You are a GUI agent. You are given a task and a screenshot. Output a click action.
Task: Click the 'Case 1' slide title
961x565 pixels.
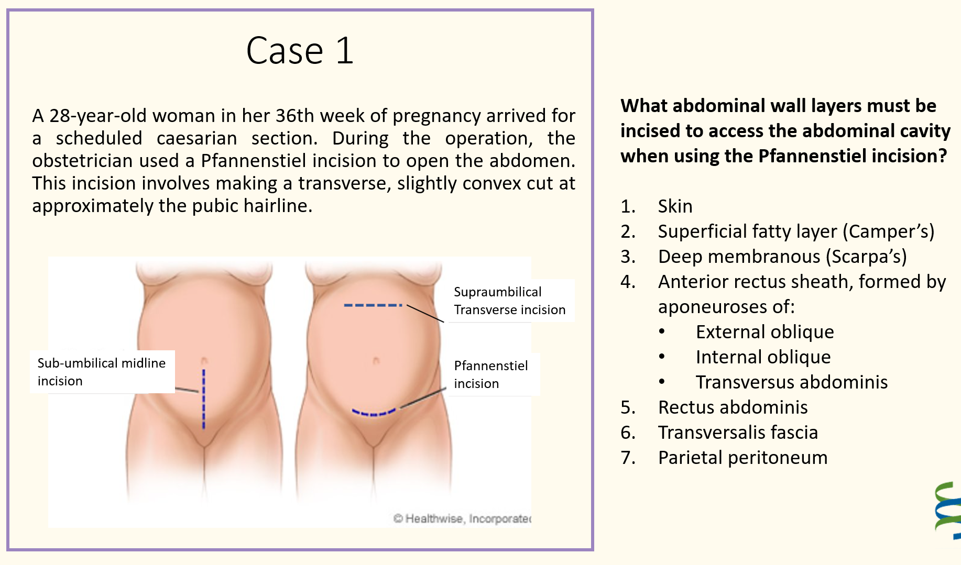(x=300, y=51)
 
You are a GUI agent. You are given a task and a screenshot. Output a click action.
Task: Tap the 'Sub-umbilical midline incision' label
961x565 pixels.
(x=102, y=372)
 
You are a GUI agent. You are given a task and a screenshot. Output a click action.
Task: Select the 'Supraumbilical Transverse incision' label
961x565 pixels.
(x=509, y=301)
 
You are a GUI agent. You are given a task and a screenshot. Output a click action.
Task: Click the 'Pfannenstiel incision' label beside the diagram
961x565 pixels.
(x=490, y=374)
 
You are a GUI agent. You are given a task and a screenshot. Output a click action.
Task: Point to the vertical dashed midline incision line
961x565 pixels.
(x=204, y=399)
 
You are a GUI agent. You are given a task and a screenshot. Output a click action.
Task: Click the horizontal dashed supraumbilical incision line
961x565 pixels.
(x=373, y=305)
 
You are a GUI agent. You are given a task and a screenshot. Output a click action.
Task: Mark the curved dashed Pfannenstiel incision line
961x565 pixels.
(x=374, y=413)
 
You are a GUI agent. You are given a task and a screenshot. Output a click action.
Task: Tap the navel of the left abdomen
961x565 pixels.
(x=204, y=361)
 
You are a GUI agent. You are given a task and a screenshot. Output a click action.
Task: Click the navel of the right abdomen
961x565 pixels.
(x=376, y=361)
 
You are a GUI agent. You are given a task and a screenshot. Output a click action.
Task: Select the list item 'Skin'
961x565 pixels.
(x=675, y=206)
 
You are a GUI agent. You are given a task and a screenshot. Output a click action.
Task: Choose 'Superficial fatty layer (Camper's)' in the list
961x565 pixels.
(x=796, y=231)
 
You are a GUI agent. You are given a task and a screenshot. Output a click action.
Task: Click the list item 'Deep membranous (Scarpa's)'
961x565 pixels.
(x=782, y=257)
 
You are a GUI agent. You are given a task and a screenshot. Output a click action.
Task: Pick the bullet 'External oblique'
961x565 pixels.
(x=765, y=332)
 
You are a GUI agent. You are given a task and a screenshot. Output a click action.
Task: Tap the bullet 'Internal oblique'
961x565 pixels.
(x=763, y=357)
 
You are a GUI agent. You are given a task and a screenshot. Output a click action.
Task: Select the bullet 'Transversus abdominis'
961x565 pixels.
(x=792, y=382)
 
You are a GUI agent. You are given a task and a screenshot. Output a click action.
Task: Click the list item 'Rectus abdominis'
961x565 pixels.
(x=733, y=407)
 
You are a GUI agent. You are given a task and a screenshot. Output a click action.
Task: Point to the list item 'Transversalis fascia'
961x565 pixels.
(x=738, y=433)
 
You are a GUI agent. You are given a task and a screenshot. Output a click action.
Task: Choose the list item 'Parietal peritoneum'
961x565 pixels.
(x=742, y=458)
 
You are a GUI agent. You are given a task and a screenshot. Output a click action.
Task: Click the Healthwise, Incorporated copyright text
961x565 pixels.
(x=462, y=518)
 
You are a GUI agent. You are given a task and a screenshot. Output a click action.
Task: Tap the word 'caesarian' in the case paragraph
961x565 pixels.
(x=196, y=138)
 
